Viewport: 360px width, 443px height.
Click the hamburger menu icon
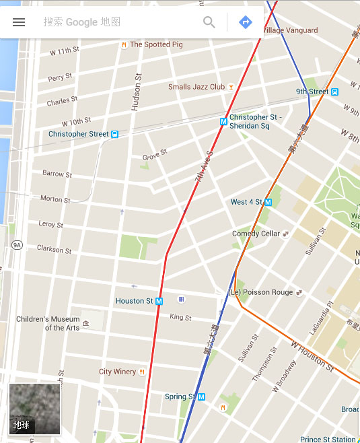pos(19,22)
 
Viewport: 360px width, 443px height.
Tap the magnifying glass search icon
pos(209,22)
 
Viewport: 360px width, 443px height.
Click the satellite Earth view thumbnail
pos(34,409)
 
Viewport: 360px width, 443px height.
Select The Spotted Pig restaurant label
pos(155,44)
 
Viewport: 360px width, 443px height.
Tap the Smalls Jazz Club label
pos(196,87)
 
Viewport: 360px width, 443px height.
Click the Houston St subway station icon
pos(159,301)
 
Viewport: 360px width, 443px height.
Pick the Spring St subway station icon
pos(201,397)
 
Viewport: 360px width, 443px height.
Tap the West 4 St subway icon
pos(268,202)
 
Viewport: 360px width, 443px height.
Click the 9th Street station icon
pos(334,92)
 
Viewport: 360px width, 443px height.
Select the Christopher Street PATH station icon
pos(115,134)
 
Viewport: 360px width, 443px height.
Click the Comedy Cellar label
pos(256,234)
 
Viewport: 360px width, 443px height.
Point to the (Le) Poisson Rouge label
pos(261,292)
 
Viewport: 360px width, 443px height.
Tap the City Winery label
pos(117,372)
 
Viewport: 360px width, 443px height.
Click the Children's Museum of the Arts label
pos(48,323)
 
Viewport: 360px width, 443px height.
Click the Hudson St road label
pos(137,92)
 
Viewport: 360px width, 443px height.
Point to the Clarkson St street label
pos(54,249)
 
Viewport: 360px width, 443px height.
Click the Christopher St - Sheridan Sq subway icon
pos(223,122)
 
